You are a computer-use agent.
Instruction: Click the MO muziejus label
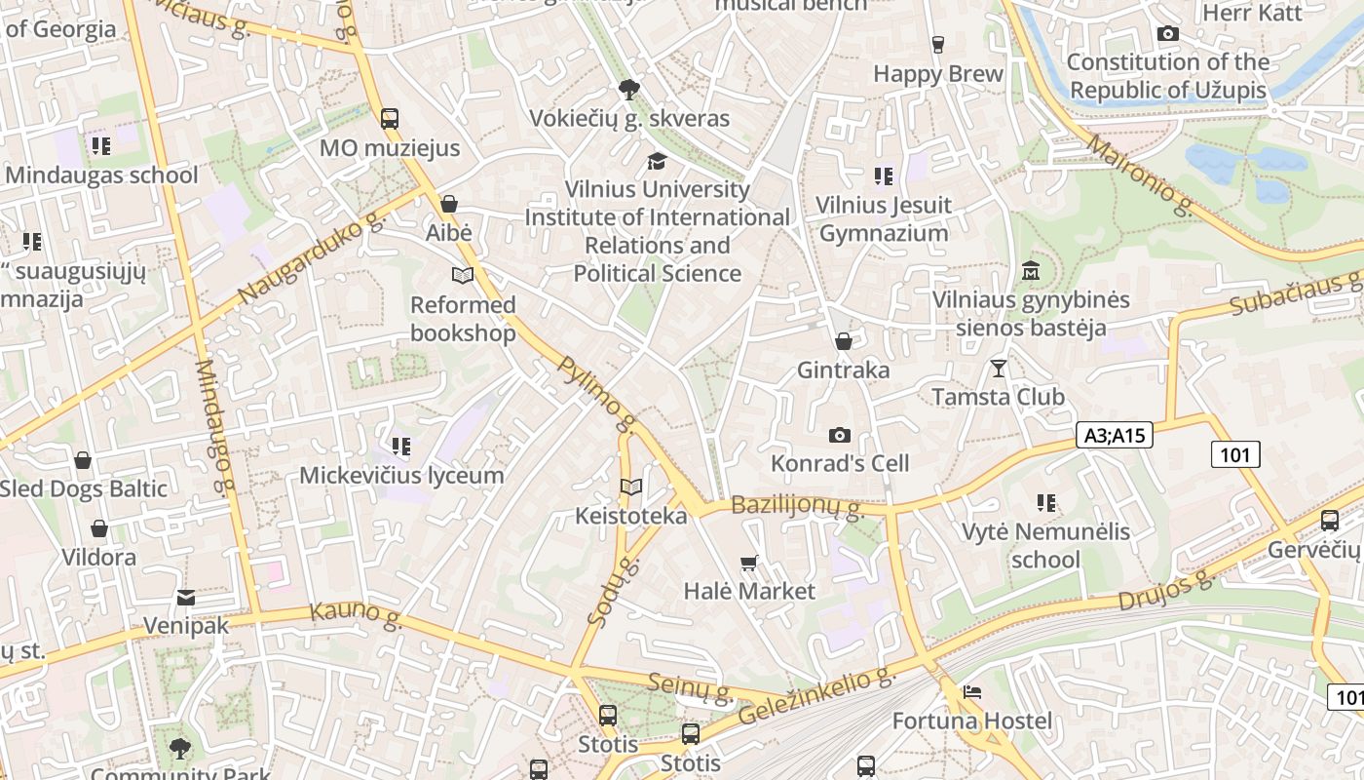[390, 149]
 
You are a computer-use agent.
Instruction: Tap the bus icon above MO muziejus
[390, 119]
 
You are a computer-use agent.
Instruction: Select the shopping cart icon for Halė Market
[748, 563]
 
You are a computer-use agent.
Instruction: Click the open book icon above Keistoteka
[631, 487]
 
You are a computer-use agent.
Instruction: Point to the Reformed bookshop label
[463, 319]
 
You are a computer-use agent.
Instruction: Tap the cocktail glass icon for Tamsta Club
[998, 369]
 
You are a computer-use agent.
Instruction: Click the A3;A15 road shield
[1115, 435]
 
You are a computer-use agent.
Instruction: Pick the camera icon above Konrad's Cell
[839, 435]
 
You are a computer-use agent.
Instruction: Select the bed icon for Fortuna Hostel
[972, 693]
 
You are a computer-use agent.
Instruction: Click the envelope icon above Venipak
[185, 597]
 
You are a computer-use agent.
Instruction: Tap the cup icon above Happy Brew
[937, 45]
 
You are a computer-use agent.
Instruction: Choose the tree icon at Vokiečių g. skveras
[629, 90]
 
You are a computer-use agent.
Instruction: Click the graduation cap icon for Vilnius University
[658, 161]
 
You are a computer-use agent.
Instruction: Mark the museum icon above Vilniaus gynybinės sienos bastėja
[1031, 270]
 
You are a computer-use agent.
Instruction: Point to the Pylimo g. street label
[596, 393]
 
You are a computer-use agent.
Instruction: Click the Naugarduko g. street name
[312, 258]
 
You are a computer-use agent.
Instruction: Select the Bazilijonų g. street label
[797, 506]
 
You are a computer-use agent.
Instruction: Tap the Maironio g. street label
[1138, 175]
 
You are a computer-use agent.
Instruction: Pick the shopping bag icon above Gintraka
[844, 341]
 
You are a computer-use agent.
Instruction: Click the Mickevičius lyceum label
[401, 476]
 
